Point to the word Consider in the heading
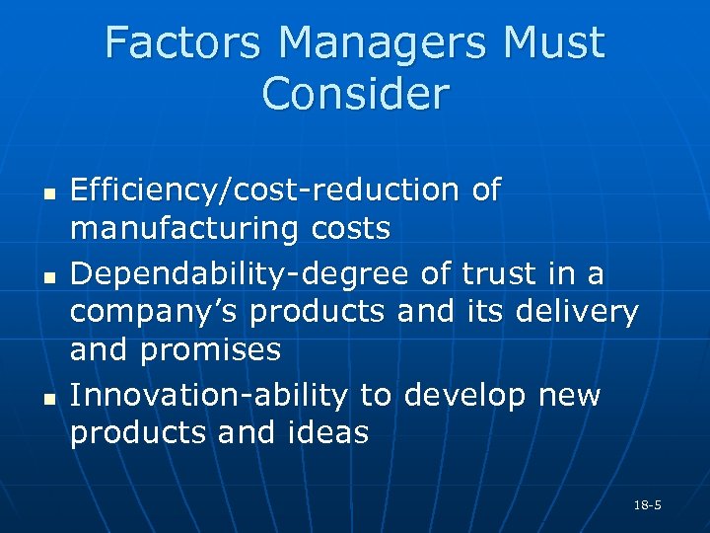point(355,94)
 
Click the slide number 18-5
point(648,505)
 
